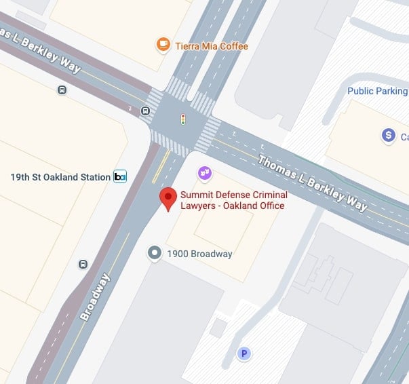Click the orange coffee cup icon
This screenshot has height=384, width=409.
click(x=163, y=45)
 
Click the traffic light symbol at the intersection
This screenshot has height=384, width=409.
click(x=182, y=120)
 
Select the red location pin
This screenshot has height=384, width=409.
click(x=168, y=198)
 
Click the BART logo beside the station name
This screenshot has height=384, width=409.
click(x=120, y=177)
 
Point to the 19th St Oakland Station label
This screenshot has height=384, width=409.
click(x=60, y=177)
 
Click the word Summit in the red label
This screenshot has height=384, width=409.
click(x=196, y=195)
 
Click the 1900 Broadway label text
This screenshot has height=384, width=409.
click(x=200, y=254)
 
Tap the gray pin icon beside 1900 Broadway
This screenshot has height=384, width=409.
click(x=155, y=254)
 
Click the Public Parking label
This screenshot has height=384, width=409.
click(x=377, y=91)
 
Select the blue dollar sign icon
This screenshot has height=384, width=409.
click(x=389, y=136)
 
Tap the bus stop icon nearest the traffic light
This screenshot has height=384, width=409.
click(x=145, y=111)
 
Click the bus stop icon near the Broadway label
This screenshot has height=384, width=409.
click(x=83, y=265)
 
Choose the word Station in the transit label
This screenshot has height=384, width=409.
click(x=94, y=177)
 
